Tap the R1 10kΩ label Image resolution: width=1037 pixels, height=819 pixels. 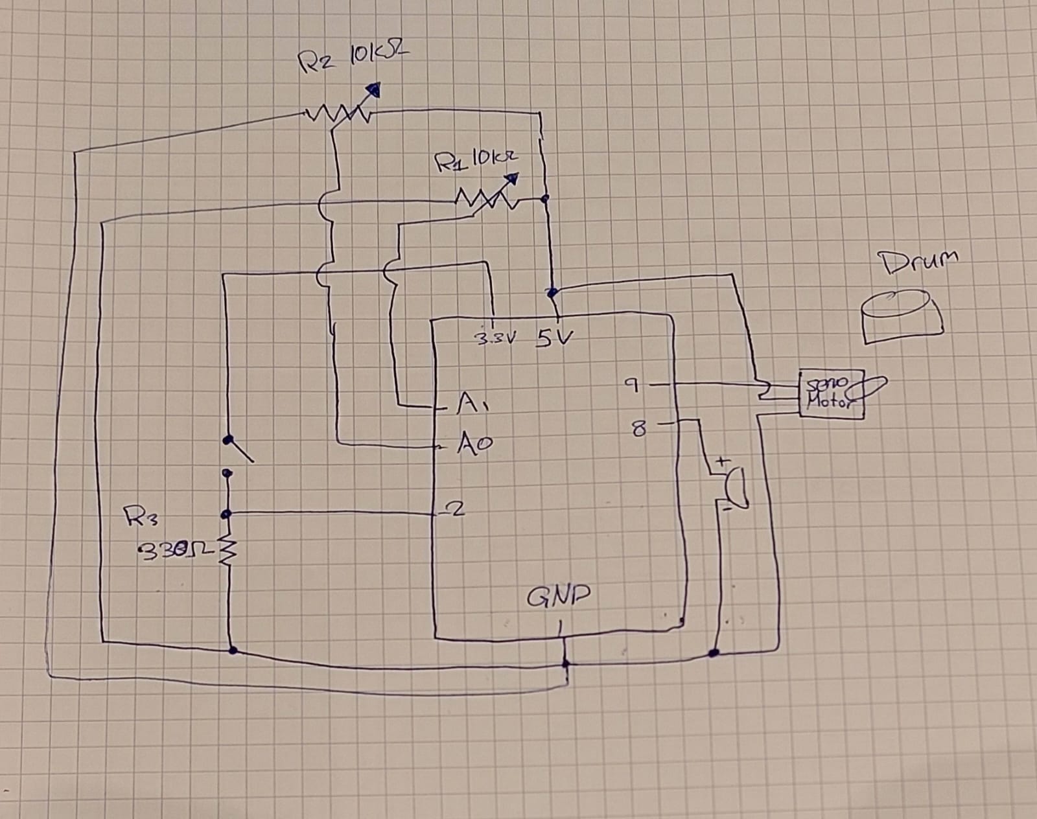477,159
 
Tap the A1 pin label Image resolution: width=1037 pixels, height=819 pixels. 472,404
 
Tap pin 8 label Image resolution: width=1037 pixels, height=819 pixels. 638,428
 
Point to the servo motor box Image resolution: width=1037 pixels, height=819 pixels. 831,394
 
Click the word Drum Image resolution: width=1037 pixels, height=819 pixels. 918,262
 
